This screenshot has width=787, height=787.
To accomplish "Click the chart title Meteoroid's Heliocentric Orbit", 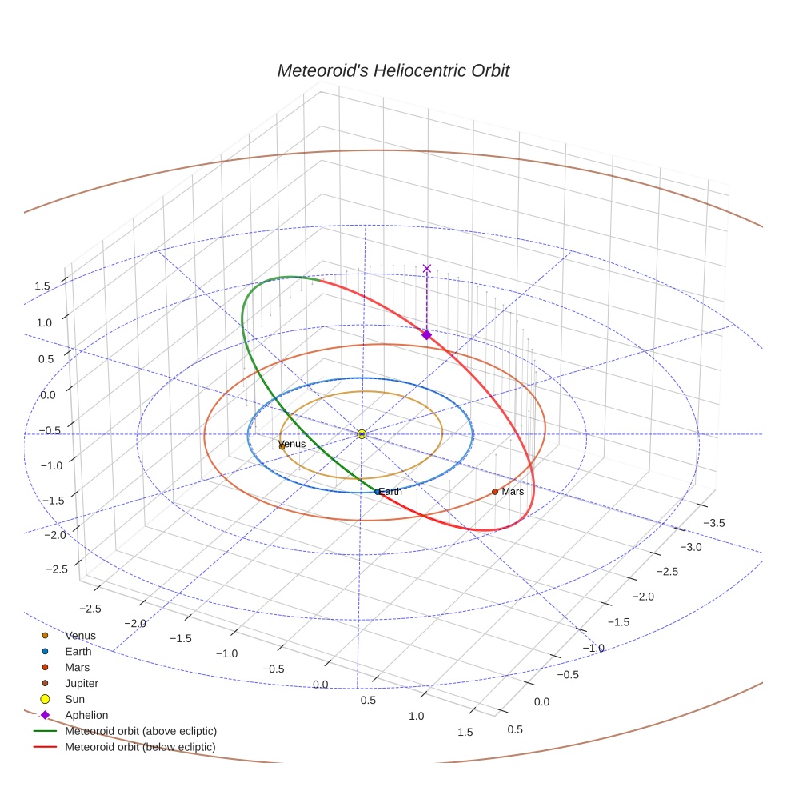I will click(393, 70).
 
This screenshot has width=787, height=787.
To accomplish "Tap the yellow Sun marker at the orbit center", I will click(362, 433).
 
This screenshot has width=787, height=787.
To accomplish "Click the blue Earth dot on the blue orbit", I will click(378, 492).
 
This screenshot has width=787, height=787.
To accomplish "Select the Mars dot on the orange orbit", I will click(495, 491).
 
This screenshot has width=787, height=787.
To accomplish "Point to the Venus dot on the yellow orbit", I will click(282, 446).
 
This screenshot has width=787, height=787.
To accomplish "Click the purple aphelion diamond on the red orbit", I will click(426, 334).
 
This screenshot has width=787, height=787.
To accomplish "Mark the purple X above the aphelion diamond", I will click(427, 269).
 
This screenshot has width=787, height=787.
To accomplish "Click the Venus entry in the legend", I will click(80, 636).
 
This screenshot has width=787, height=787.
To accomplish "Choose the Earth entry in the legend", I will click(78, 652).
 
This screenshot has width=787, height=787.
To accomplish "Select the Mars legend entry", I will click(77, 667).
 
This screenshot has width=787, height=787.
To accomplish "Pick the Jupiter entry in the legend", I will click(81, 683).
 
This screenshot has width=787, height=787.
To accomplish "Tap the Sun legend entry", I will click(74, 699).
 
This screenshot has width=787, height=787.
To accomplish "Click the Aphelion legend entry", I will click(86, 715).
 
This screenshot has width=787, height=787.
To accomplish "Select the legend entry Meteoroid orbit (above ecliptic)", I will click(140, 731).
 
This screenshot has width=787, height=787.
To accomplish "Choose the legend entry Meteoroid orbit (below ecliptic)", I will click(140, 747).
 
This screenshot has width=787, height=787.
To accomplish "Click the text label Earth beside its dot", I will click(391, 492).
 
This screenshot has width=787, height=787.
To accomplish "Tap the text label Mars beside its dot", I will click(513, 491).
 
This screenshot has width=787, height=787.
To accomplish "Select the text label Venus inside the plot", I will click(292, 444).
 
